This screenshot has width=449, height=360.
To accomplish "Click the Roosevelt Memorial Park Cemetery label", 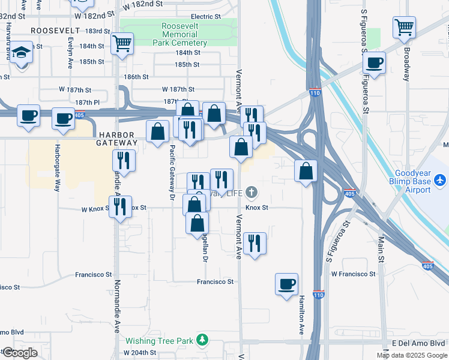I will click(x=184, y=35).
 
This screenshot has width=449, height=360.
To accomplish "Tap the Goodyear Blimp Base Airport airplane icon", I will click(x=440, y=179).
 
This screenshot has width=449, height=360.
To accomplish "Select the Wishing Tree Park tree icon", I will click(x=203, y=340).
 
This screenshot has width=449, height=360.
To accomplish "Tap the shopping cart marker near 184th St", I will click(x=122, y=44).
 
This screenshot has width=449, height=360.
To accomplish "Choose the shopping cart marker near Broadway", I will click(x=405, y=28).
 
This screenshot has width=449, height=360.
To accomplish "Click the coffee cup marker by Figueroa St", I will click(x=375, y=63).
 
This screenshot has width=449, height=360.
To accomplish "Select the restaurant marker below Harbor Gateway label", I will click(x=124, y=160).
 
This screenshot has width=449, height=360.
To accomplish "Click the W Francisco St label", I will click(x=353, y=274).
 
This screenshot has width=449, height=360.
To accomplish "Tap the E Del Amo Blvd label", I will click(x=419, y=343).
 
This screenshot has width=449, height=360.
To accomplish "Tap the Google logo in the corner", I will click(x=19, y=353).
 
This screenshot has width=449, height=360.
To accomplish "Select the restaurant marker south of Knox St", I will click(x=255, y=243).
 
